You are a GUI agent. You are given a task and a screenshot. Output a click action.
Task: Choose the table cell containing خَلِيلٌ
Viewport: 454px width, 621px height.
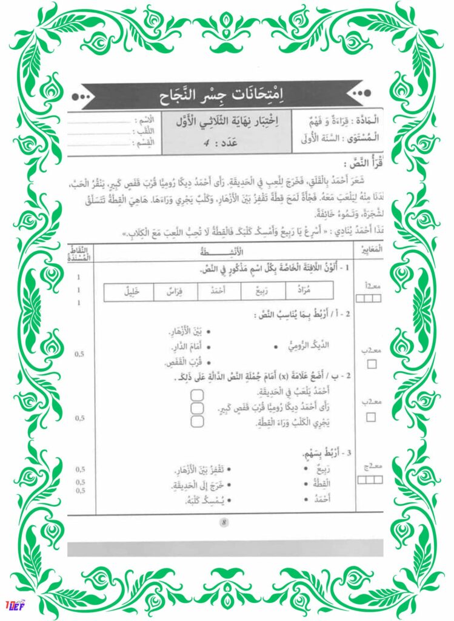[127, 292]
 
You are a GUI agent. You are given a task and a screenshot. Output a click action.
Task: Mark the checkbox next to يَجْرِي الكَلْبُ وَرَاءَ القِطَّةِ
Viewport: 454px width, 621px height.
[196, 422]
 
